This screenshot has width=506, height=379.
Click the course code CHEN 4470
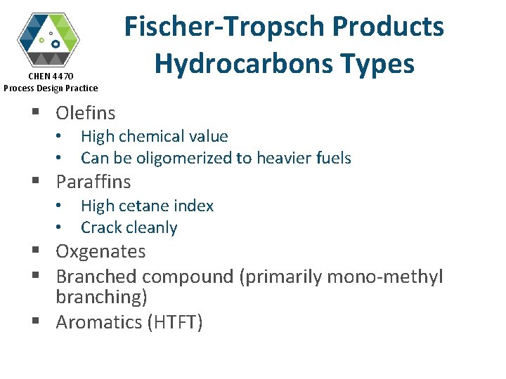pyautogui.click(x=51, y=76)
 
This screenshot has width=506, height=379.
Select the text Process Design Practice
pyautogui.click(x=51, y=88)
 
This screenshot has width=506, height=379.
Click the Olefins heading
pyautogui.click(x=86, y=112)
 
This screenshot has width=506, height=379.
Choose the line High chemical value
pyautogui.click(x=154, y=136)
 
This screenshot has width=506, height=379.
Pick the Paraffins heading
pyautogui.click(x=93, y=182)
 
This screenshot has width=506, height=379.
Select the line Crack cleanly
pyautogui.click(x=129, y=227)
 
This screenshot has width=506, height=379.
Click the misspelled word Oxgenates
pyautogui.click(x=100, y=251)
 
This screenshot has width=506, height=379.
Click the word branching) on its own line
pyautogui.click(x=101, y=297)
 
